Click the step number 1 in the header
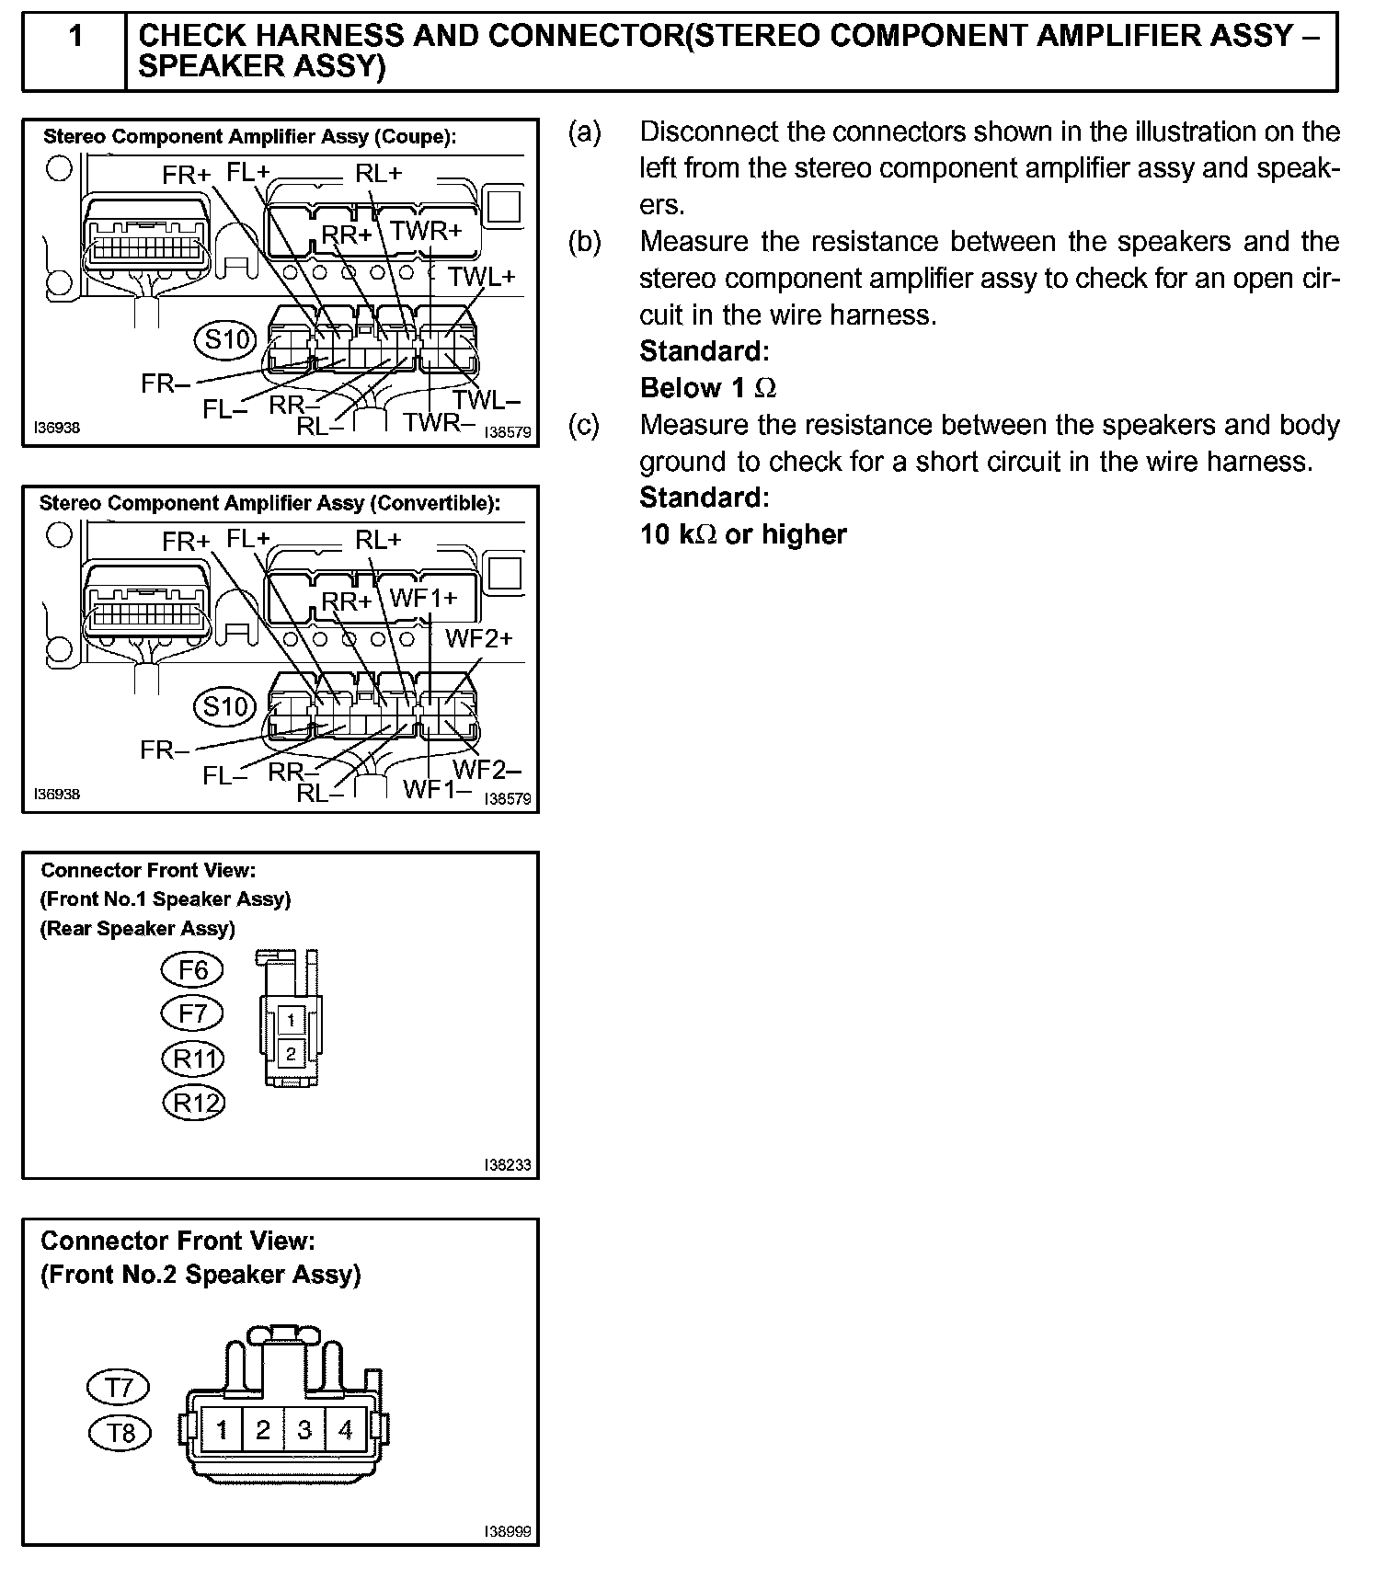click(x=75, y=37)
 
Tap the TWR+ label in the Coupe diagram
click(x=425, y=231)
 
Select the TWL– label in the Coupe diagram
click(x=486, y=401)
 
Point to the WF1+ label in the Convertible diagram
click(x=423, y=599)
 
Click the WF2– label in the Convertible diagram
click(x=487, y=769)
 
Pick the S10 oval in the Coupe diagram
click(x=224, y=340)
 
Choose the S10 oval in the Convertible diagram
click(x=224, y=707)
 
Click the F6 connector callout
click(x=193, y=970)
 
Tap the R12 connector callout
click(x=194, y=1103)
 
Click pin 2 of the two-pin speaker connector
click(x=292, y=1054)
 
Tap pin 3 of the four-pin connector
click(x=304, y=1430)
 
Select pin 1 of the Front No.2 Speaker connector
click(x=222, y=1430)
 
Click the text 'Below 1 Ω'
click(x=707, y=388)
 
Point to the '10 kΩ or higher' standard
click(x=743, y=534)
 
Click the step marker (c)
click(x=584, y=425)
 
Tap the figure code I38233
click(x=508, y=1165)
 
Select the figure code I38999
click(x=508, y=1532)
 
